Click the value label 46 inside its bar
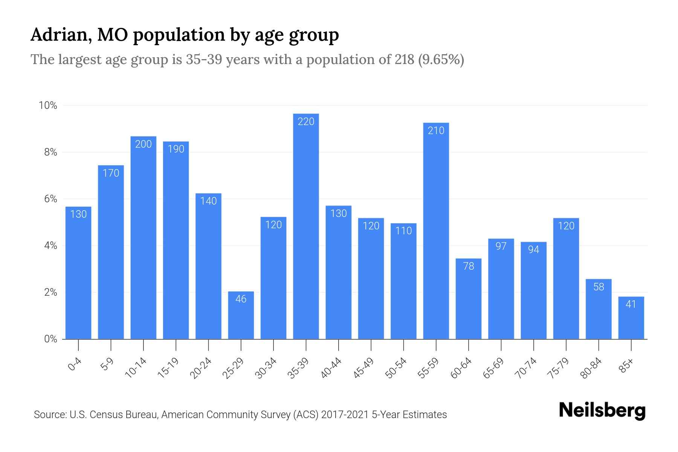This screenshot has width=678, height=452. point(241,299)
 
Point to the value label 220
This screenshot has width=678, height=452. point(306,122)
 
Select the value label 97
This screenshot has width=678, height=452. point(501,246)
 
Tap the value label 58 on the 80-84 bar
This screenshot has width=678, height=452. point(599,287)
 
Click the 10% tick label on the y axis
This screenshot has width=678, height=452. point(48,105)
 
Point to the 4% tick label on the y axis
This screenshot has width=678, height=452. point(50,246)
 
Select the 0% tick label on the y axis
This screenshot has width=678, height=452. point(50,339)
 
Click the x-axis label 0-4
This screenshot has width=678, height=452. point(75,365)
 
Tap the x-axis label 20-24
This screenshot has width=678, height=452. point(201,368)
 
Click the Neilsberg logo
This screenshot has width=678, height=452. point(602,411)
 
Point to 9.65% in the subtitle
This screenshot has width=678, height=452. point(441,60)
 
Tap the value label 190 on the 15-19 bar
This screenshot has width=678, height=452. point(176,149)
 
